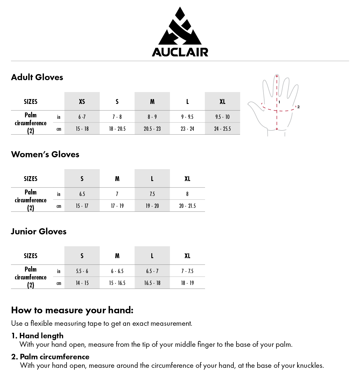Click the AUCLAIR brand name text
[180, 52]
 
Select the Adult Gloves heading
[37, 77]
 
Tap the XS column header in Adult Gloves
[82, 101]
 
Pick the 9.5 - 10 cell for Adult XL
[222, 117]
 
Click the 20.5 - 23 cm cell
[152, 129]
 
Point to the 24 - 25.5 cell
[222, 129]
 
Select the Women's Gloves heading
[45, 154]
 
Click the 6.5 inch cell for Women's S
[82, 194]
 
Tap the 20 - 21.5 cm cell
[187, 206]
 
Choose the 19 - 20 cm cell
[152, 206]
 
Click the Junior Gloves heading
[39, 231]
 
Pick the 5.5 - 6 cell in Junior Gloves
[82, 271]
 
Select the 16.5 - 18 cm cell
[152, 283]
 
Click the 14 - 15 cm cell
[82, 283]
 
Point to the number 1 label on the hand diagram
[279, 102]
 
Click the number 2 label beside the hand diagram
[298, 107]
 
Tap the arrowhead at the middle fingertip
[277, 76]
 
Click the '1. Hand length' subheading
[38, 336]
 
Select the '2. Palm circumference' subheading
[50, 357]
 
